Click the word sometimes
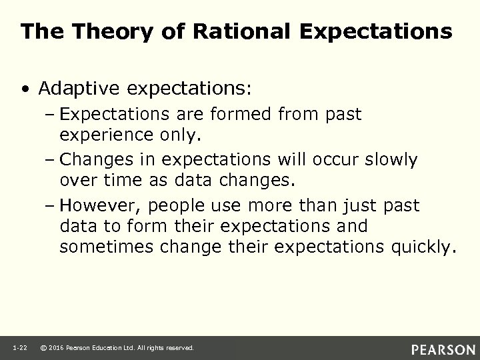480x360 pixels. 107,248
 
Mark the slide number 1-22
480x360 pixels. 19,348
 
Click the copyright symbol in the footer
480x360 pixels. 44,348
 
